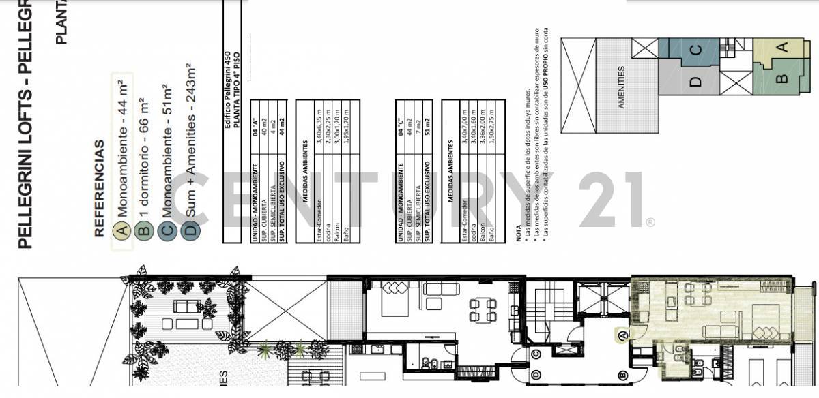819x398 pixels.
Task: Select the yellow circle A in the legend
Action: click(122, 230)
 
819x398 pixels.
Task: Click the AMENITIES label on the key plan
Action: click(621, 87)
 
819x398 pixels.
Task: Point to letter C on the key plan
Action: click(695, 50)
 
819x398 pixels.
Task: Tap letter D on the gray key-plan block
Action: click(695, 82)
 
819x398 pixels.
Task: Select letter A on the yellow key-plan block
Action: click(783, 47)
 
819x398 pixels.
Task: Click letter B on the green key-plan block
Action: click(783, 78)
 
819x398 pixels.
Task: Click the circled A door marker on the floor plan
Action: click(622, 335)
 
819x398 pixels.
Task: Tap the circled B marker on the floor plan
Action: click(622, 375)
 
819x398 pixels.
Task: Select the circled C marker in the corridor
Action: click(536, 353)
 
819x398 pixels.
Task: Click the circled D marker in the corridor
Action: click(536, 375)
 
